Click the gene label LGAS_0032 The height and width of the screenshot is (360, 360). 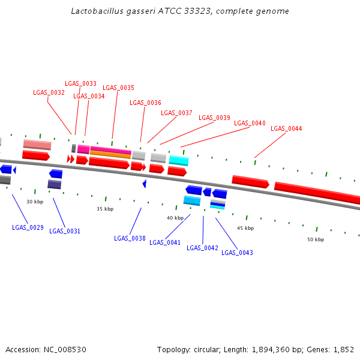(49, 92)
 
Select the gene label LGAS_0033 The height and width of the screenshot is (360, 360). (80, 83)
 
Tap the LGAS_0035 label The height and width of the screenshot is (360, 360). (118, 88)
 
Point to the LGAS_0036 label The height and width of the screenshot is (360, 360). (145, 103)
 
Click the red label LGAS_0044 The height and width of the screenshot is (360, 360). (286, 128)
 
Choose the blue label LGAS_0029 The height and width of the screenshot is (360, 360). (28, 227)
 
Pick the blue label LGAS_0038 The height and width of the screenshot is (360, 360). (130, 238)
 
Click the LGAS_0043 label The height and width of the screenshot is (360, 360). (237, 253)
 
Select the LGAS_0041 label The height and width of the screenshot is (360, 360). (165, 242)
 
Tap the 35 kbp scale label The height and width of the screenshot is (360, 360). (105, 209)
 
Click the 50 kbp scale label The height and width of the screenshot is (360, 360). (316, 239)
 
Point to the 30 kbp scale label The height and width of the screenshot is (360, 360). (35, 202)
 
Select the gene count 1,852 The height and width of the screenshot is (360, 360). (344, 349)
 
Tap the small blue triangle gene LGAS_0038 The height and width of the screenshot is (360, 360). (144, 184)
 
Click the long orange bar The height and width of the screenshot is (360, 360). (110, 155)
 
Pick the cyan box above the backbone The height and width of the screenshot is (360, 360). (179, 161)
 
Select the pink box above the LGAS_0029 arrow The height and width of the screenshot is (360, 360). (37, 145)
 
